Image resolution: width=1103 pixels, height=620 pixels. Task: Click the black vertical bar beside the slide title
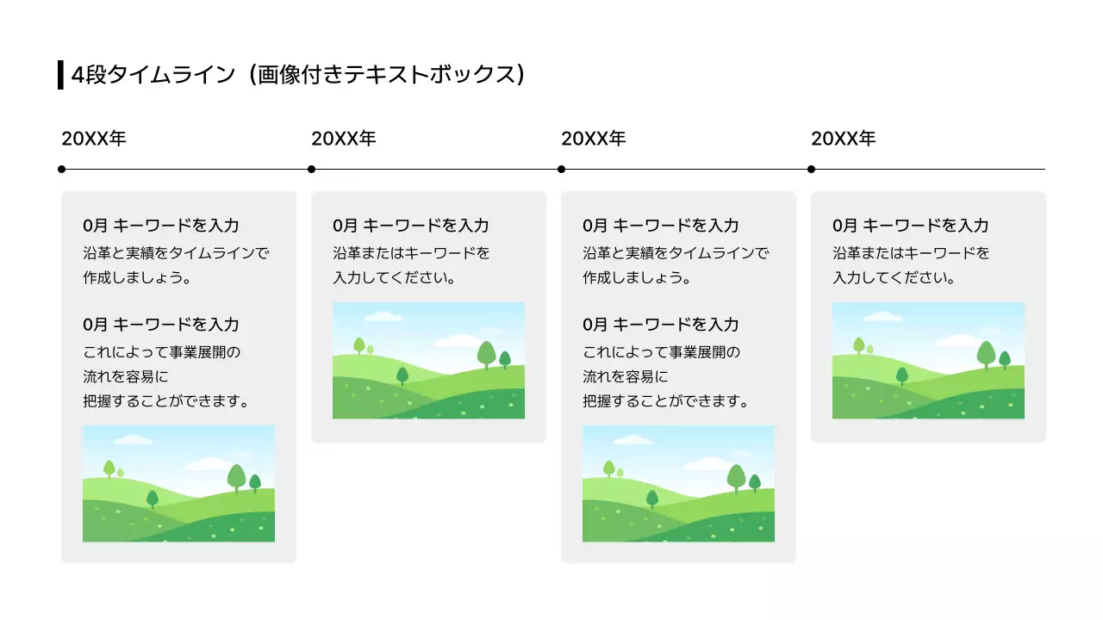[x=60, y=75]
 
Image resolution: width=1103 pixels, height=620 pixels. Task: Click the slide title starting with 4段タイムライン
[x=297, y=75]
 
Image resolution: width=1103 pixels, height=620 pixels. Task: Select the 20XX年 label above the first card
[x=94, y=139]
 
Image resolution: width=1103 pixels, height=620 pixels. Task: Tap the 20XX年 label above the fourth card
[x=844, y=139]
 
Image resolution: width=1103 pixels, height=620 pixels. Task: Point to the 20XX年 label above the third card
[x=594, y=139]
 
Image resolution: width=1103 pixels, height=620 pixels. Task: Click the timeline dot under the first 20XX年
[x=62, y=170]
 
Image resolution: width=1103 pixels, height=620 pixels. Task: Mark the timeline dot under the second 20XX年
[x=312, y=170]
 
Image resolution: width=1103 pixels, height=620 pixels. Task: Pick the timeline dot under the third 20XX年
[x=562, y=170]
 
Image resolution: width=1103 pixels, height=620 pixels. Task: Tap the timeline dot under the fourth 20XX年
[x=812, y=170]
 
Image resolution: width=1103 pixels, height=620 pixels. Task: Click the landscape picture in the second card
[x=428, y=360]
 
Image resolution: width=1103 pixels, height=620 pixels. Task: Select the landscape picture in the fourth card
[x=928, y=360]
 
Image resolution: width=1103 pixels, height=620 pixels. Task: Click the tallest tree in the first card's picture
[x=237, y=476]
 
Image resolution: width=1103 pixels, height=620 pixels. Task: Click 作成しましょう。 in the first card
[x=136, y=278]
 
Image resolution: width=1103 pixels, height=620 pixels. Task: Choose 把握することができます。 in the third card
[x=665, y=401]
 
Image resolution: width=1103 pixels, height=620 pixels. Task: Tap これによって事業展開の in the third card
[x=662, y=352]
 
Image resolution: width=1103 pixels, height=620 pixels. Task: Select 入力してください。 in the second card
[x=394, y=278]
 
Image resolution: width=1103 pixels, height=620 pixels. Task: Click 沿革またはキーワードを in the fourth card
[x=911, y=253]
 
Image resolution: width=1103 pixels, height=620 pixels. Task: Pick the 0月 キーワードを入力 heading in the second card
[x=411, y=226]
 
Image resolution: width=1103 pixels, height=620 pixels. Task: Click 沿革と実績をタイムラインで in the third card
[x=676, y=253]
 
